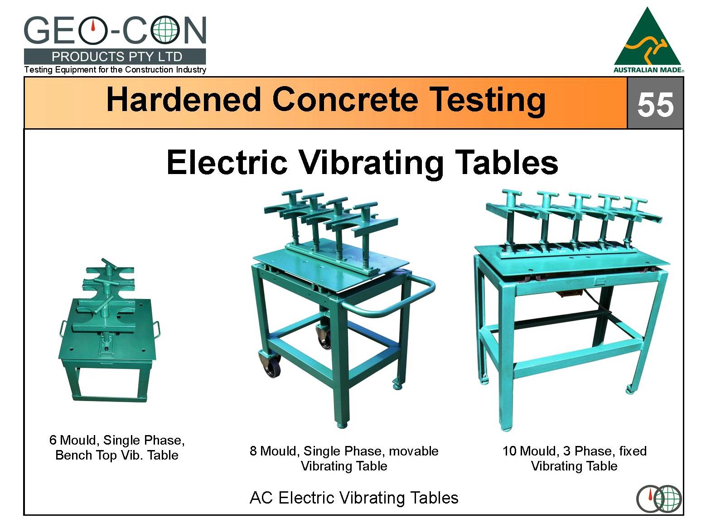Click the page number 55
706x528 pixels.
pyautogui.click(x=656, y=104)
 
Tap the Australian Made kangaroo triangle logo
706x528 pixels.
pyautogui.click(x=648, y=40)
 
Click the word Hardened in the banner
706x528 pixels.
pyautogui.click(x=184, y=99)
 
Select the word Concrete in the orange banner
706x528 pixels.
pyautogui.click(x=345, y=99)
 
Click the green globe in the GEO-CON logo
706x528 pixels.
pyautogui.click(x=165, y=29)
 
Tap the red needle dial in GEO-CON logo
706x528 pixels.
pyautogui.click(x=93, y=29)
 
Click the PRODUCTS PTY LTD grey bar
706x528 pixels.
pyautogui.click(x=115, y=57)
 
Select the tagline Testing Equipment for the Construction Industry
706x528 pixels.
pyautogui.click(x=115, y=69)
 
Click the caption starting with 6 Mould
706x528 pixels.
pyautogui.click(x=117, y=447)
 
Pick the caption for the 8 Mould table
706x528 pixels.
pyautogui.click(x=344, y=458)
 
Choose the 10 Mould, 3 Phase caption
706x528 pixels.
pyautogui.click(x=575, y=458)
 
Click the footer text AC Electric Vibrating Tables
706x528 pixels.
pyautogui.click(x=354, y=498)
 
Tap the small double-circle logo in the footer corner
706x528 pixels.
pyautogui.click(x=659, y=499)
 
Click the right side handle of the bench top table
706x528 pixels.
pyautogui.click(x=157, y=329)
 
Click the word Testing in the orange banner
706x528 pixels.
pyautogui.click(x=488, y=100)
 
